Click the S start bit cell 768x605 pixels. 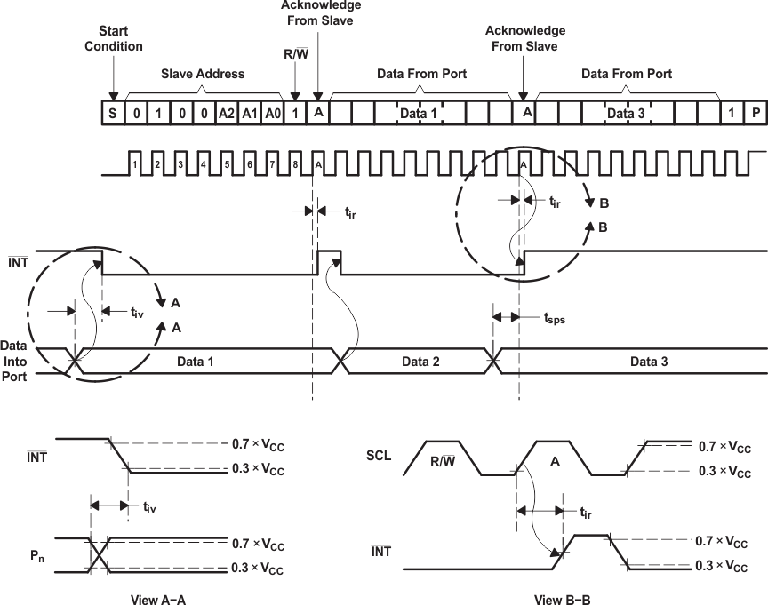click(x=113, y=113)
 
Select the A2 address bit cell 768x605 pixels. click(x=228, y=113)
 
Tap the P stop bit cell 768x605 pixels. click(x=756, y=113)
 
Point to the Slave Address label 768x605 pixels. click(x=203, y=74)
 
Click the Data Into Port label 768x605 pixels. click(x=15, y=361)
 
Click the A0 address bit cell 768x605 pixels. click(x=273, y=113)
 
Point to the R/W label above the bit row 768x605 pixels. click(x=294, y=55)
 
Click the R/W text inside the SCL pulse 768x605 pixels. click(x=443, y=461)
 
